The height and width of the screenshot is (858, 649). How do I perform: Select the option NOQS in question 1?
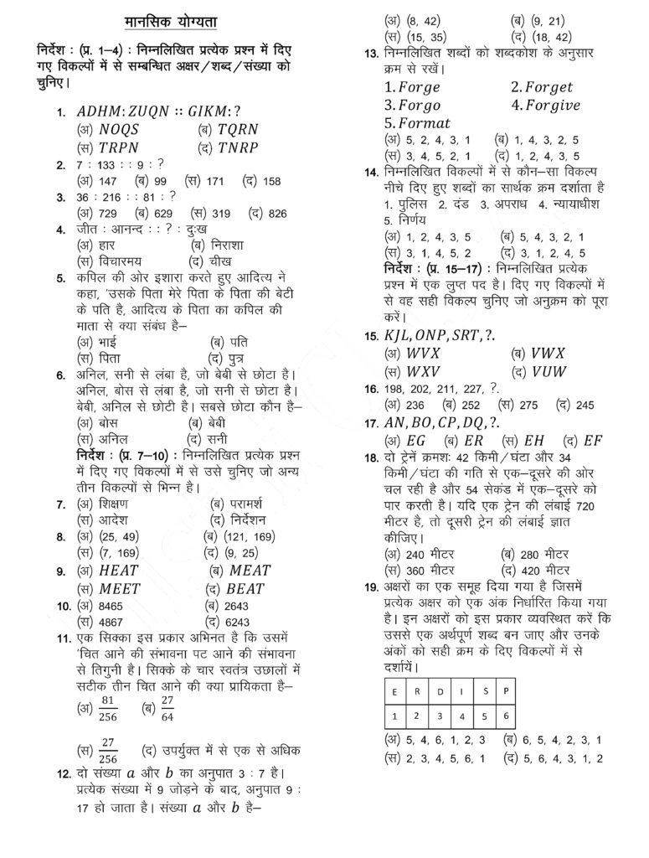tap(119, 129)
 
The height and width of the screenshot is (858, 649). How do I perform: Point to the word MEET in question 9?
tap(119, 588)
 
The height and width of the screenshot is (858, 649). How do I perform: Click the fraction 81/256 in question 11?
tap(107, 706)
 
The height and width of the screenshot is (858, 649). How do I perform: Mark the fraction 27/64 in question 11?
tap(167, 706)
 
